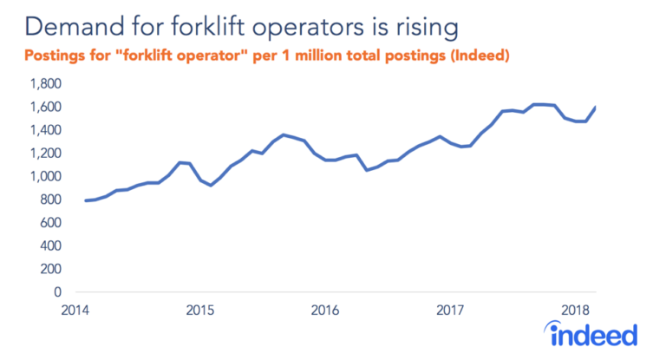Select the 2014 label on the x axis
click(x=76, y=310)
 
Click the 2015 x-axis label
click(x=200, y=310)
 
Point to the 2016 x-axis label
click(x=325, y=310)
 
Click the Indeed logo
click(x=594, y=333)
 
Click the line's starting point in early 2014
click(x=85, y=200)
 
